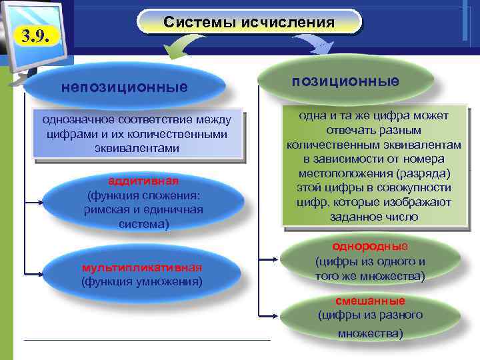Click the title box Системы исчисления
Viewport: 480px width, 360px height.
249,23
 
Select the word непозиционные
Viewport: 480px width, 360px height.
125,87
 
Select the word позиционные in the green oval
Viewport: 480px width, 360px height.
345,81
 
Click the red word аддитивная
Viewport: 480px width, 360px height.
143,182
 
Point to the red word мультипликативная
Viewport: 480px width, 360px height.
141,267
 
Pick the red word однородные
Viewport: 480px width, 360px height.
370,246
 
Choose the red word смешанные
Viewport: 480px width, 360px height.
370,300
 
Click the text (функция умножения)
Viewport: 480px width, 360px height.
141,281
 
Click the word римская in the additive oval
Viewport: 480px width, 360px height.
104,210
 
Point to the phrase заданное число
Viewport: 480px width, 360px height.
374,217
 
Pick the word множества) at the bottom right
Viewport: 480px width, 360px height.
370,333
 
